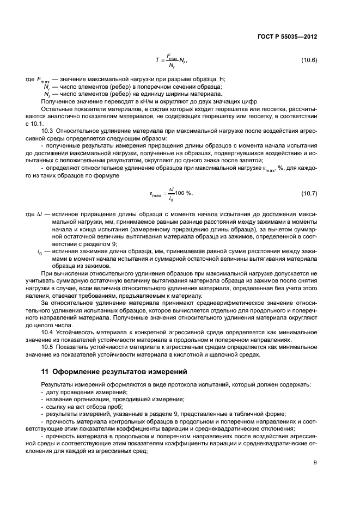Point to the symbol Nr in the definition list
(47, 87)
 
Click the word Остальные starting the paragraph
(56, 108)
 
